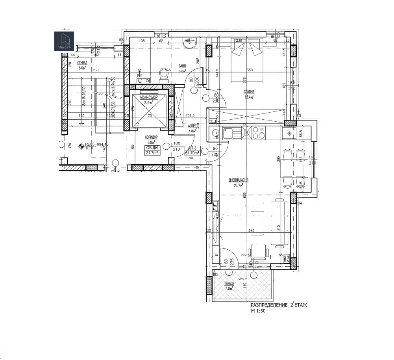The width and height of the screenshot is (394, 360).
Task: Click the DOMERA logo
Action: coord(64,41)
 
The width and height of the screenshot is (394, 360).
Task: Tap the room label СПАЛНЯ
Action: coord(249,91)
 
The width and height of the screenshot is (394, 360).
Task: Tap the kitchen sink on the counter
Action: coord(228,133)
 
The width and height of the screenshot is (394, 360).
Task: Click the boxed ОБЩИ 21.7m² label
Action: coord(152,150)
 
